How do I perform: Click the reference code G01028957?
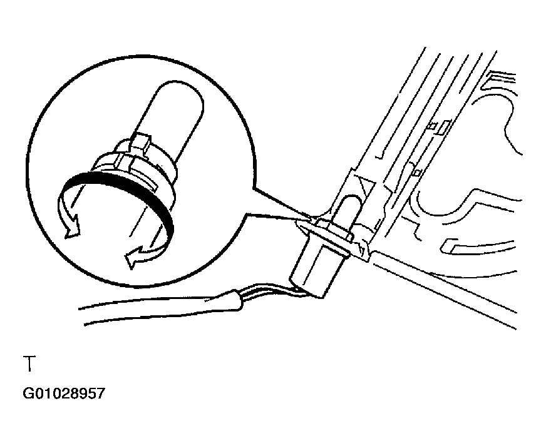tap(64, 393)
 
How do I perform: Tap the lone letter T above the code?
tap(29, 364)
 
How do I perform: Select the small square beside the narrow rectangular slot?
tap(433, 125)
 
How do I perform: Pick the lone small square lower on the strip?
tap(417, 172)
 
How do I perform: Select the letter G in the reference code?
tap(28, 393)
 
